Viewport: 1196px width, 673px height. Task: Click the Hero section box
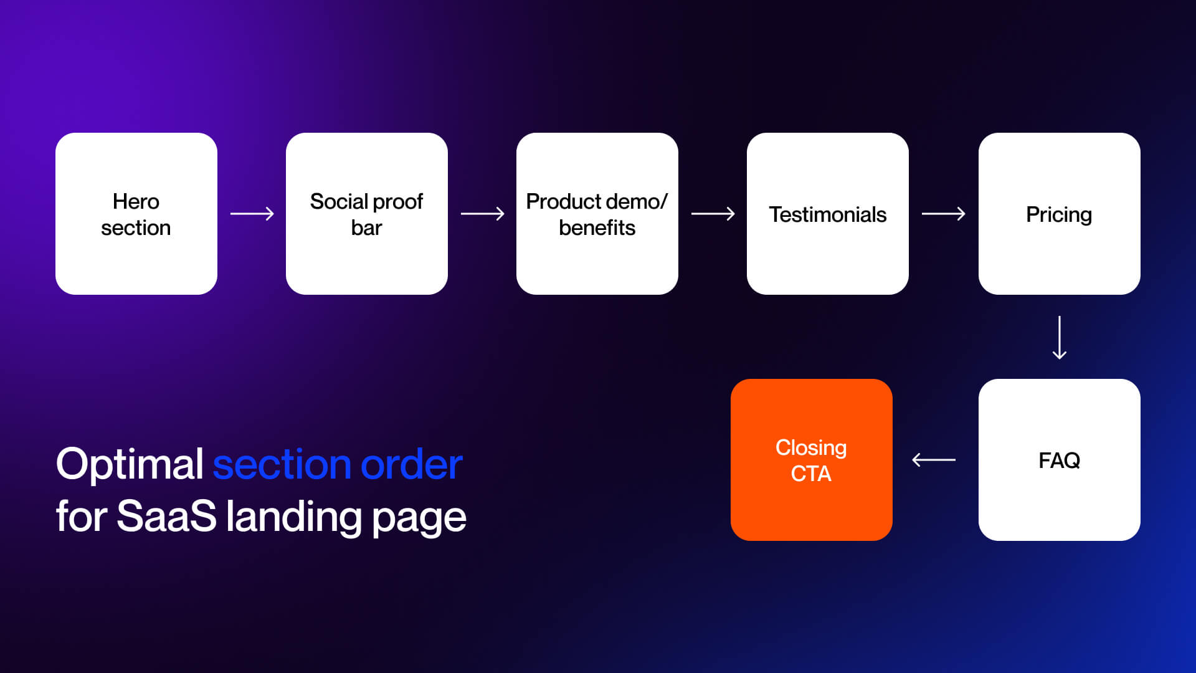pos(136,214)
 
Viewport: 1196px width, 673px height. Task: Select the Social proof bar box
pos(366,214)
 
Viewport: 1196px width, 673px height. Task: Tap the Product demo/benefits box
pos(597,214)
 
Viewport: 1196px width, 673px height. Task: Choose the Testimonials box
pos(827,214)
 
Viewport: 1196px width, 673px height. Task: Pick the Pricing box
pos(1059,214)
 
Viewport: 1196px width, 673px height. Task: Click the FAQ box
pos(1059,460)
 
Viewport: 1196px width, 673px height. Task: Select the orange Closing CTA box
pos(811,460)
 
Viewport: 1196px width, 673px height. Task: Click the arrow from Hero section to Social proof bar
pos(252,214)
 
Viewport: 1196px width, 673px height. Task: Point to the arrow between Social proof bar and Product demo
pos(482,214)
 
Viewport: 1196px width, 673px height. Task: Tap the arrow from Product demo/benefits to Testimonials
pos(713,214)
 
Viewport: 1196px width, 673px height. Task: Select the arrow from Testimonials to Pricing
pos(943,214)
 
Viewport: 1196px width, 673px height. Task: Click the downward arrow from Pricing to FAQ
pos(1059,337)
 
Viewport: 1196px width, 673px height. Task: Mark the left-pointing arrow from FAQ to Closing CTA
pos(933,460)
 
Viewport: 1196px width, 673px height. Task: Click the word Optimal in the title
pos(130,464)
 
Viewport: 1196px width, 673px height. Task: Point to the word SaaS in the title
pos(166,517)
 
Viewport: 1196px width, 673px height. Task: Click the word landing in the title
pos(293,518)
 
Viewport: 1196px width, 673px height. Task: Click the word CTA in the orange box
pos(811,474)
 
